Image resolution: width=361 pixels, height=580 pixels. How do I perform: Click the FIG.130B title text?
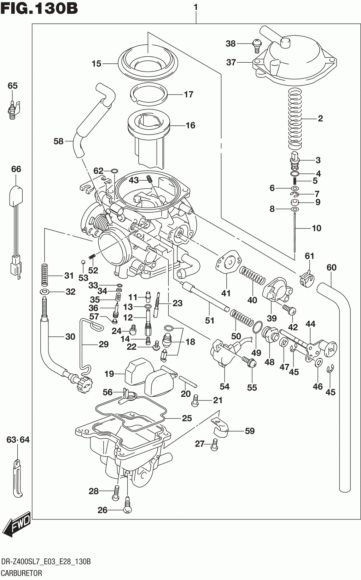coord(39,8)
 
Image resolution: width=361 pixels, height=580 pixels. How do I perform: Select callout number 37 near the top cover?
coord(231,63)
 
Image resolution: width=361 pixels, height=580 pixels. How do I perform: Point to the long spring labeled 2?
coord(295,119)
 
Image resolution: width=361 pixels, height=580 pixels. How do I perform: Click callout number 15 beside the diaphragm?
coord(97,64)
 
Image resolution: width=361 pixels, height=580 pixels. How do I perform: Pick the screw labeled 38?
coord(256,44)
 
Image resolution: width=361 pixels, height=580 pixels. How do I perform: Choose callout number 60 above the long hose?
coord(331,267)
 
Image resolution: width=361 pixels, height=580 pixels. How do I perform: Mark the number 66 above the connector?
coord(16,169)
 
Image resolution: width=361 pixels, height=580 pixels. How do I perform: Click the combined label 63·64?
coord(18,440)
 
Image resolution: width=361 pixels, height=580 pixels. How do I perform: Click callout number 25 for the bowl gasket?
coord(187,418)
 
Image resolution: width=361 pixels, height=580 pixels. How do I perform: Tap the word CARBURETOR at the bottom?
coord(22,573)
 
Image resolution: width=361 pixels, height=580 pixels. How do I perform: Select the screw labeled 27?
coord(214,445)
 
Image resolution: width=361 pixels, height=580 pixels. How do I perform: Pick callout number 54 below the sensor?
coord(225,386)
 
